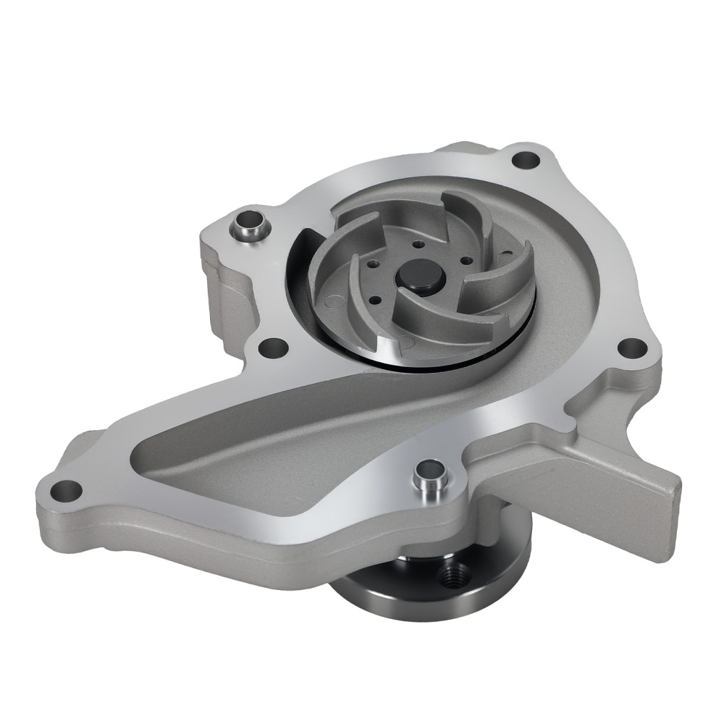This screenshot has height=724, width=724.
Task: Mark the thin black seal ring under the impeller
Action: tap(434, 361)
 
